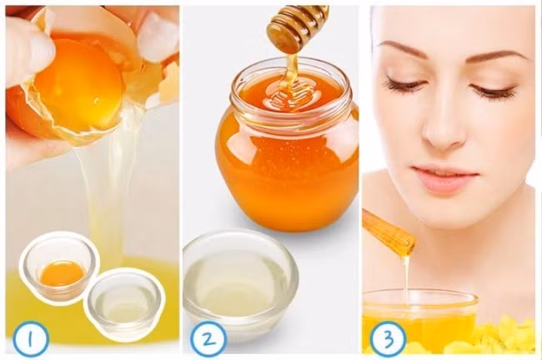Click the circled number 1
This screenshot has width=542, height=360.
(31, 339)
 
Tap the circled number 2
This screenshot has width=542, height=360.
(208, 339)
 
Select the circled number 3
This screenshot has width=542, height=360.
(388, 339)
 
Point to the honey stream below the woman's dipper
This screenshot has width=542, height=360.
(406, 275)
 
